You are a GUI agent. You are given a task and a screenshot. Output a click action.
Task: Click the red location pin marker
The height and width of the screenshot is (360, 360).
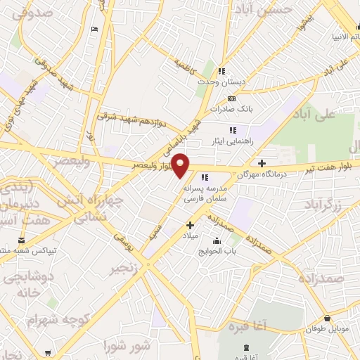[x=181, y=165]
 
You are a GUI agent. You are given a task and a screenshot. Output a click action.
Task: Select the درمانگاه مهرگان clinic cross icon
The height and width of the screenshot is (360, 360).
[x=262, y=163]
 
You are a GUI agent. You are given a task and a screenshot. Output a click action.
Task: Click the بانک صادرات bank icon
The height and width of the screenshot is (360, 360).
[x=231, y=98]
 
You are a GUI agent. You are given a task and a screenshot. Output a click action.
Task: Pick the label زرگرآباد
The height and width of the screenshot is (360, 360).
[x=324, y=205]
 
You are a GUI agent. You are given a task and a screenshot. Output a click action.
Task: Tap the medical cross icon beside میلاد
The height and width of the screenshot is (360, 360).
[x=190, y=226]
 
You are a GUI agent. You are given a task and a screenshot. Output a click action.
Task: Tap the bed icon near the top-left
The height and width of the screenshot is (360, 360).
[x=94, y=29]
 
